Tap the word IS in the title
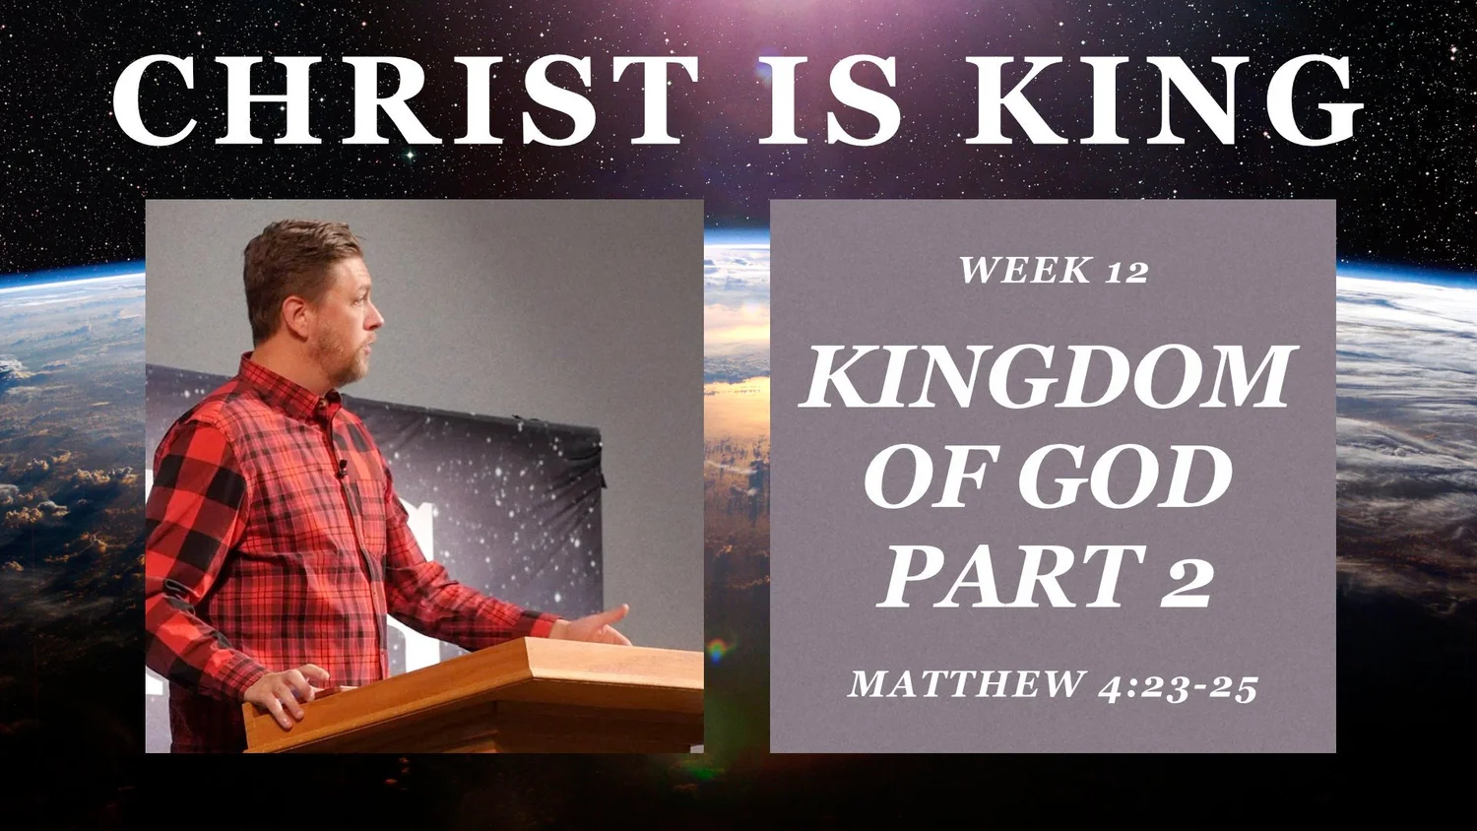click(830, 101)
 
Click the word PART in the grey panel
click(1009, 577)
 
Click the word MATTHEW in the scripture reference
click(966, 683)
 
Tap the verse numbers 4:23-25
click(1178, 686)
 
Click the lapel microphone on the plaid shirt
click(342, 469)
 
